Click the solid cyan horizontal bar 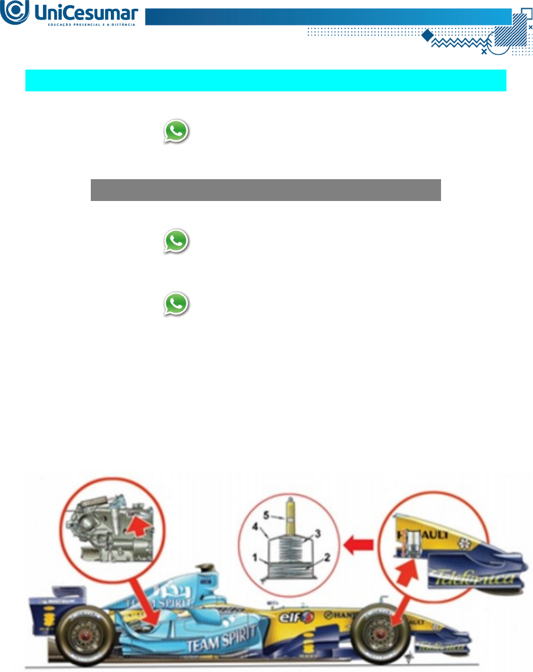click(x=266, y=80)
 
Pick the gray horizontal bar click(x=266, y=190)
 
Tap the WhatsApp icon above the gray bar click(x=176, y=132)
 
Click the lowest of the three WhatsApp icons click(x=176, y=304)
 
